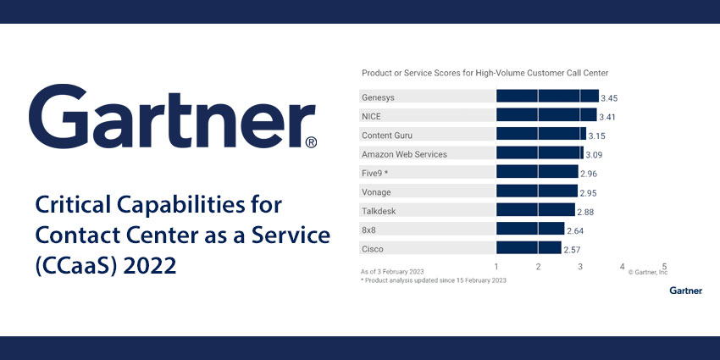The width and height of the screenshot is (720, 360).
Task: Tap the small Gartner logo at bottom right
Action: coord(685,291)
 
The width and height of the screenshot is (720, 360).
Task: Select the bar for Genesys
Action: coord(546,97)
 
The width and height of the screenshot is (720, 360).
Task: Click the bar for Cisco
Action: coord(528,248)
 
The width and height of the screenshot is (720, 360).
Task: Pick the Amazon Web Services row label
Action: coord(404,154)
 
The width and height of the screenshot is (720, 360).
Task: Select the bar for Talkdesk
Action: coord(535,210)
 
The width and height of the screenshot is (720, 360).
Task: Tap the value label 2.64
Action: coord(575,230)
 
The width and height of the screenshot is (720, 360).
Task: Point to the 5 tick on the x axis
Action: coord(664,266)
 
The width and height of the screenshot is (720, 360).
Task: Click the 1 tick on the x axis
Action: coord(496,266)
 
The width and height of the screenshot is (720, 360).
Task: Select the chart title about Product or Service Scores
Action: coord(485,74)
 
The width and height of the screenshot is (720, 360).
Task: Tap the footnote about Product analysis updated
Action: coord(433,280)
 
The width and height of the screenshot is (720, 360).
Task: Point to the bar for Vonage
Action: coord(536,191)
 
